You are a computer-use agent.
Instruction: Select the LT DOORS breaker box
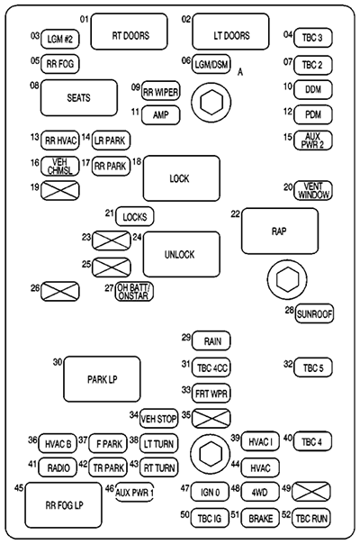point(231,35)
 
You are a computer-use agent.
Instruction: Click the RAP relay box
point(279,231)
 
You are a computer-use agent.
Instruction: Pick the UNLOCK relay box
point(181,254)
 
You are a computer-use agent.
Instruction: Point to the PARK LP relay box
point(102,378)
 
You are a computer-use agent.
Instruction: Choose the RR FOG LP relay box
point(63,504)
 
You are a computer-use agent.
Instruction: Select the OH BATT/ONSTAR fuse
point(135,291)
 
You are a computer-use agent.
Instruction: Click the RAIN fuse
point(212,340)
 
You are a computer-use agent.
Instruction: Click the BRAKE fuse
point(261,517)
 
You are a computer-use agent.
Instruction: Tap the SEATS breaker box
point(80,97)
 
